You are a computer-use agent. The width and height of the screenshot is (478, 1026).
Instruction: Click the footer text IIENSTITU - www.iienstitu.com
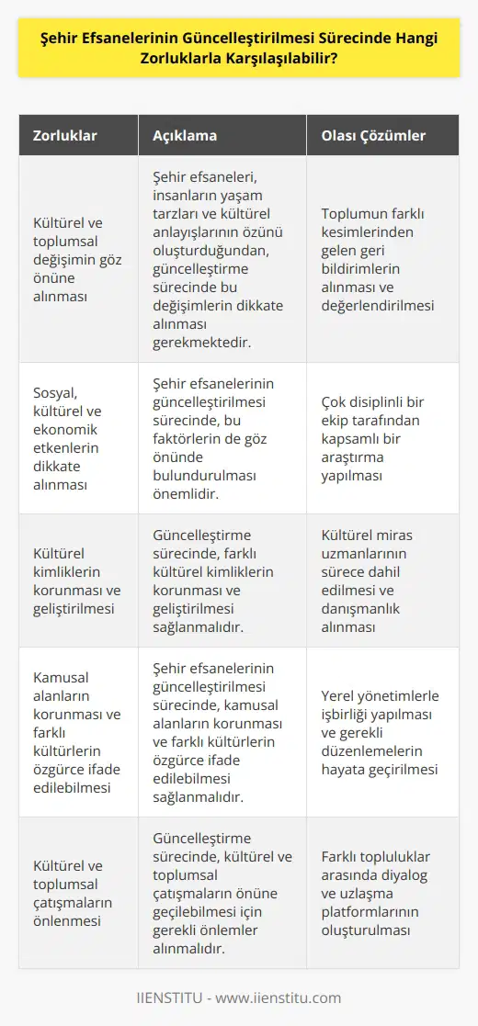pyautogui.click(x=238, y=998)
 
